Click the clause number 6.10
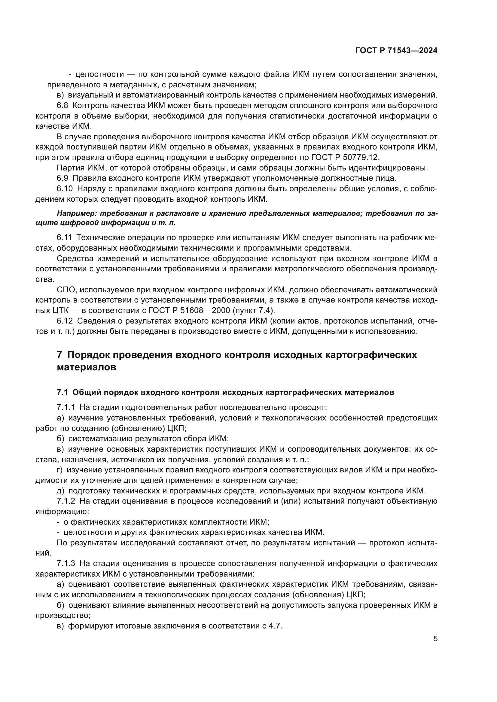click(65, 189)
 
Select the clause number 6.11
click(64, 237)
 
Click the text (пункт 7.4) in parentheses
click(254, 311)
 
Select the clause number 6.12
click(65, 321)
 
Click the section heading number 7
click(59, 355)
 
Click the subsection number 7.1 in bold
click(63, 393)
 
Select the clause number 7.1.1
click(66, 408)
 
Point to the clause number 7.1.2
click(66, 501)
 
